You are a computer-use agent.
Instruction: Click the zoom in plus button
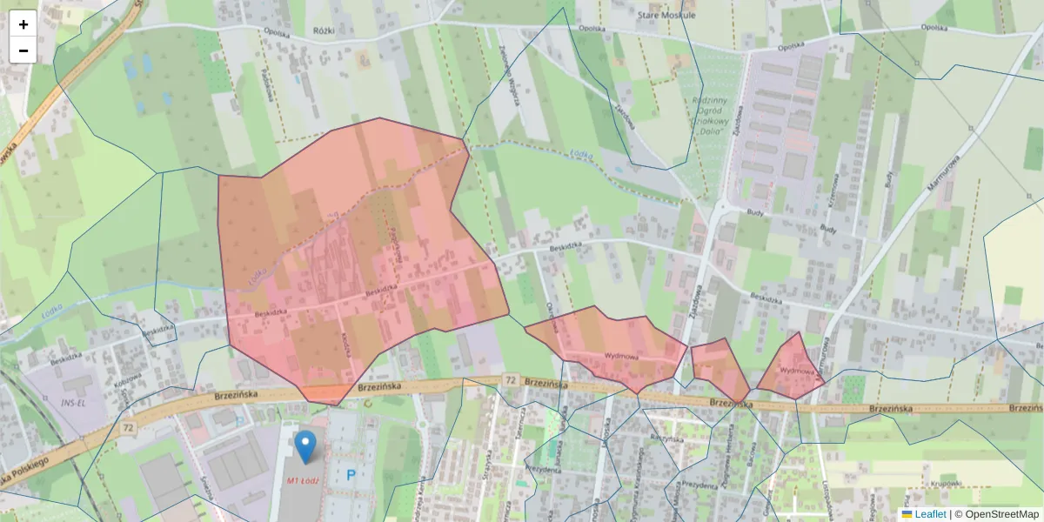click(23, 24)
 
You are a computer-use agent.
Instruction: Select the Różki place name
click(324, 30)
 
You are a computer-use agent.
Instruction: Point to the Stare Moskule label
click(690, 15)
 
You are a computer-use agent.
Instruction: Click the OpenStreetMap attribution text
click(1001, 514)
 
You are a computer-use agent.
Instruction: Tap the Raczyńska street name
click(666, 438)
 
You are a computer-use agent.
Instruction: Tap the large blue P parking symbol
click(351, 475)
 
